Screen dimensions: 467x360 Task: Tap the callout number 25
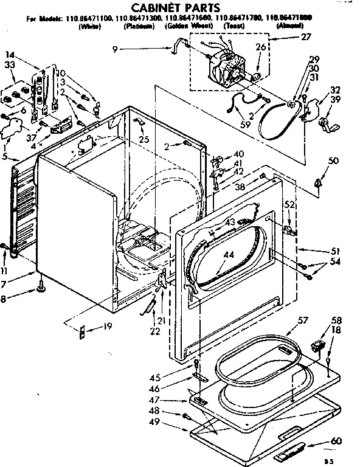(x=144, y=140)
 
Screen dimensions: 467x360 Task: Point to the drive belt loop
(x=277, y=125)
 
